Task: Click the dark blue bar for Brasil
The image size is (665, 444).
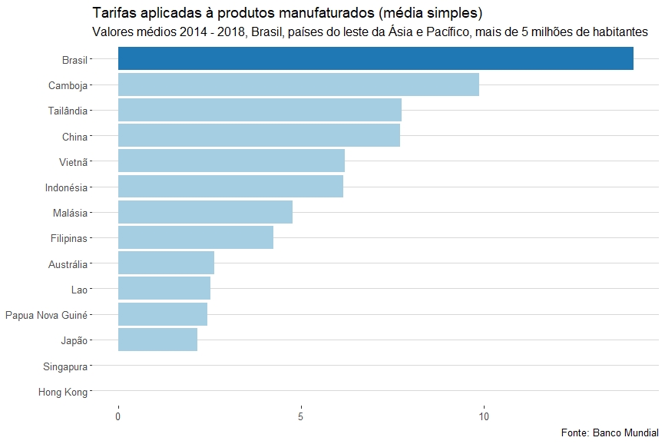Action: pyautogui.click(x=376, y=58)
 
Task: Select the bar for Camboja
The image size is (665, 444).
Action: pyautogui.click(x=298, y=84)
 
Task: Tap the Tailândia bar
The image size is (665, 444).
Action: pyautogui.click(x=260, y=110)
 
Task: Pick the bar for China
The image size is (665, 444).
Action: pyautogui.click(x=259, y=136)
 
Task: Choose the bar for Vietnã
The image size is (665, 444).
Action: pyautogui.click(x=231, y=161)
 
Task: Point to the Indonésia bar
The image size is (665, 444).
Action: pyautogui.click(x=230, y=187)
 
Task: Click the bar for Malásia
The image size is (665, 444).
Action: pyautogui.click(x=205, y=212)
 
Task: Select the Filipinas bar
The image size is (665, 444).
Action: pyautogui.click(x=196, y=238)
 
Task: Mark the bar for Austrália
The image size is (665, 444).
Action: pyautogui.click(x=166, y=263)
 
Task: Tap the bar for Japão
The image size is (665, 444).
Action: pyautogui.click(x=157, y=340)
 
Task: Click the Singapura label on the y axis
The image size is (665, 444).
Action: pyautogui.click(x=66, y=367)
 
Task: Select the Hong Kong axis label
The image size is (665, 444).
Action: pyautogui.click(x=63, y=393)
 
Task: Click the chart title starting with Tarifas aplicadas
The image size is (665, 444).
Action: pyautogui.click(x=287, y=14)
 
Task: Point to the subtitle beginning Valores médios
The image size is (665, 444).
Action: pyautogui.click(x=369, y=32)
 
